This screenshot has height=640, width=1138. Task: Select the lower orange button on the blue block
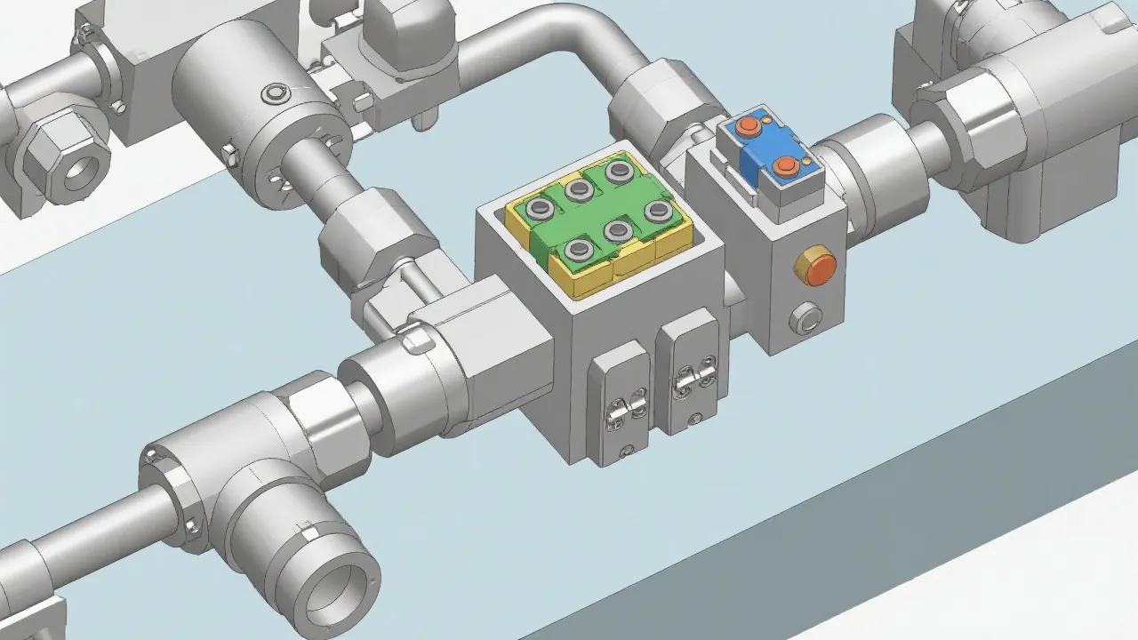785,166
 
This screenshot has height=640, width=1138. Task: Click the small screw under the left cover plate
628,450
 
